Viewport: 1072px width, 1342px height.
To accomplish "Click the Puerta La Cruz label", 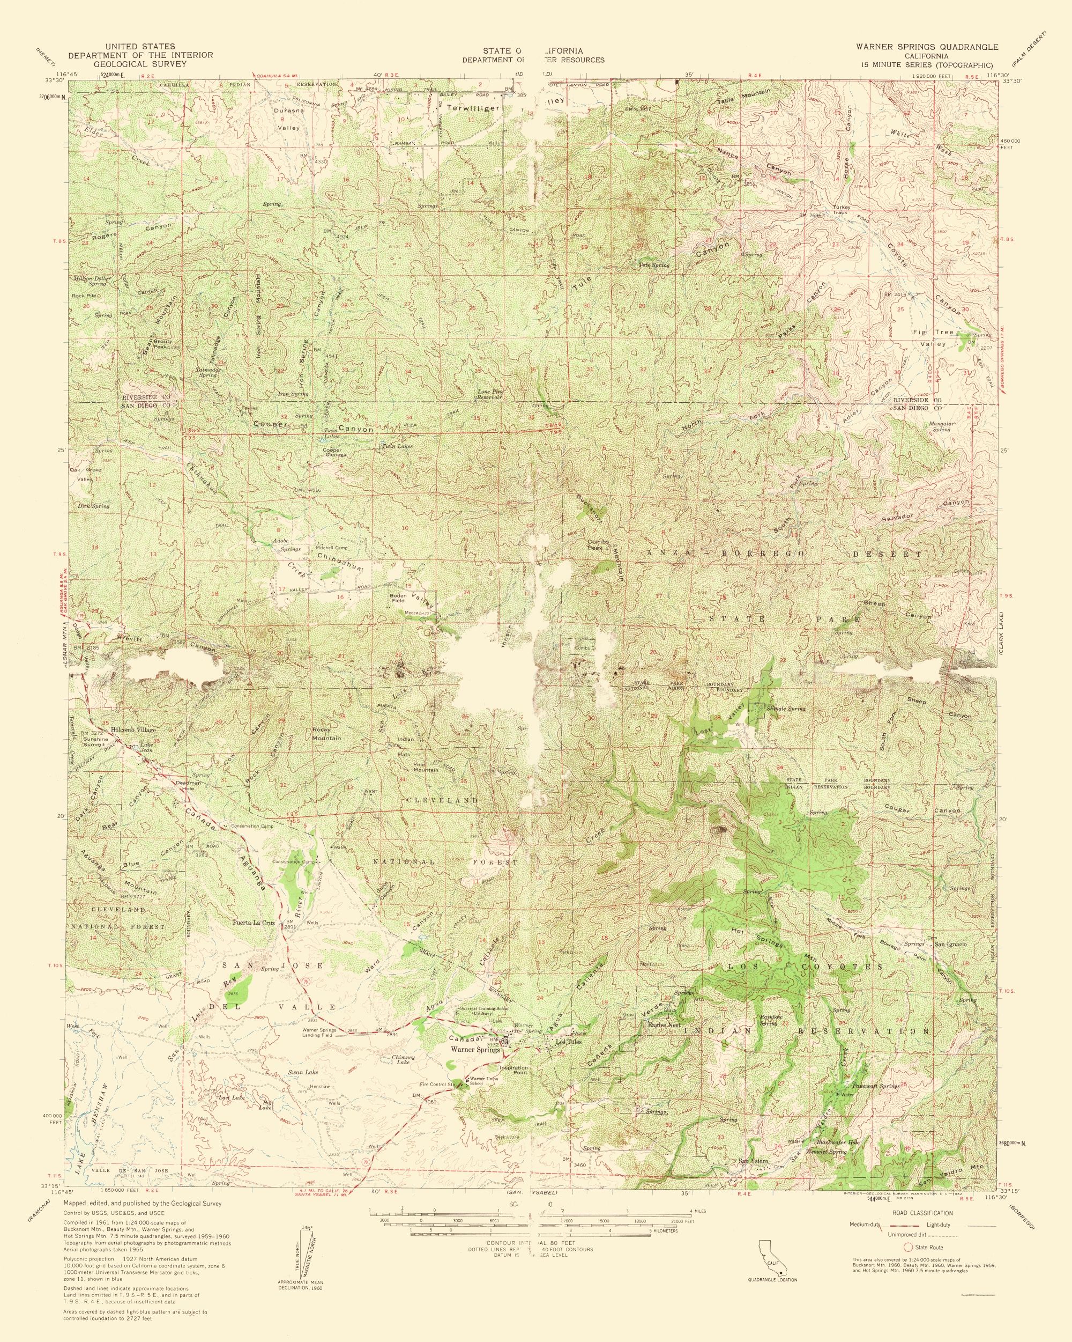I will (x=253, y=923).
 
